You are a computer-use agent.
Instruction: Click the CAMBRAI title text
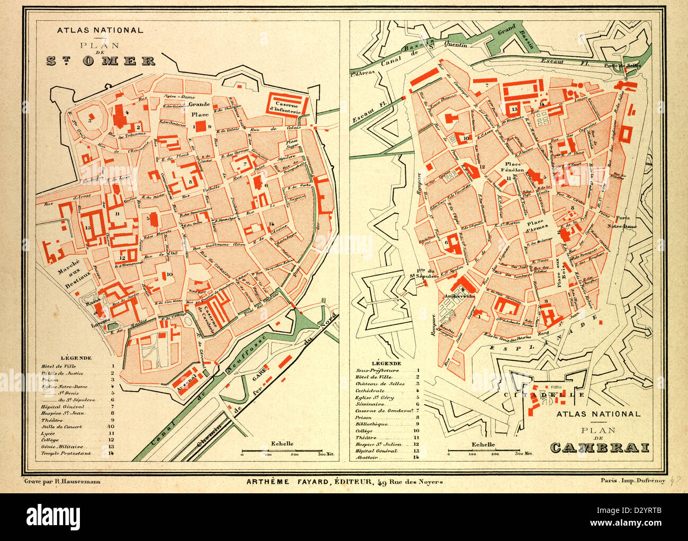click(600, 448)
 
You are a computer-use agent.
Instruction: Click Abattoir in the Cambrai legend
click(366, 457)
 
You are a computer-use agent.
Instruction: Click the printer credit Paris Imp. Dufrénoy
click(632, 481)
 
